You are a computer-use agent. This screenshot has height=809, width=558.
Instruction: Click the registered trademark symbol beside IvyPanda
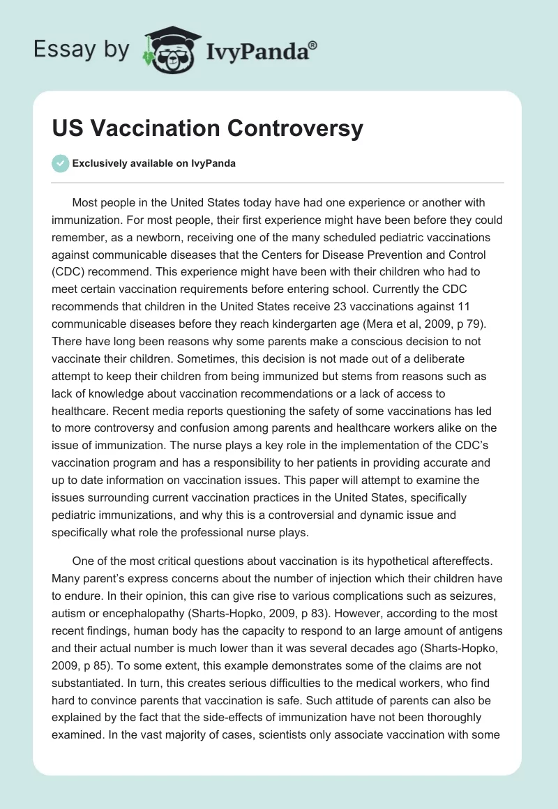pyautogui.click(x=314, y=45)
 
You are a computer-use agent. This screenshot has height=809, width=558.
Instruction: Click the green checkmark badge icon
pyautogui.click(x=61, y=163)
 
